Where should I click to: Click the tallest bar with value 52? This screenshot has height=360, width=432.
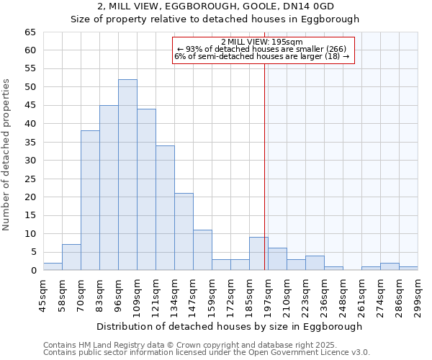tap(127, 175)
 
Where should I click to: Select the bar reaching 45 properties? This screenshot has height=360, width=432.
tap(109, 188)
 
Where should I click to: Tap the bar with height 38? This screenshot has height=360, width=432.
tap(90, 201)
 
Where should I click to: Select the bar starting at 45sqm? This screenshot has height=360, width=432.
tap(53, 266)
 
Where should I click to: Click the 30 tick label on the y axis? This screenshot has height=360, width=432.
tap(30, 161)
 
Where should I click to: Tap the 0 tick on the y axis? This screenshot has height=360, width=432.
tap(32, 271)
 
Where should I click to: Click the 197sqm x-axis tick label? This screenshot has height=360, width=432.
tap(268, 294)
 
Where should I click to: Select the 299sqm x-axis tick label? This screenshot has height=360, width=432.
tap(418, 294)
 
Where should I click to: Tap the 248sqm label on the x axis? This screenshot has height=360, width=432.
tap(343, 294)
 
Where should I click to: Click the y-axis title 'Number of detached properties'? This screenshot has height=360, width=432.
tap(7, 155)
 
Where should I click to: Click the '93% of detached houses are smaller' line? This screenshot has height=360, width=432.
tap(264, 49)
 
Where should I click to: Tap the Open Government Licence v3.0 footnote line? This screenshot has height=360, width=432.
tap(207, 352)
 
